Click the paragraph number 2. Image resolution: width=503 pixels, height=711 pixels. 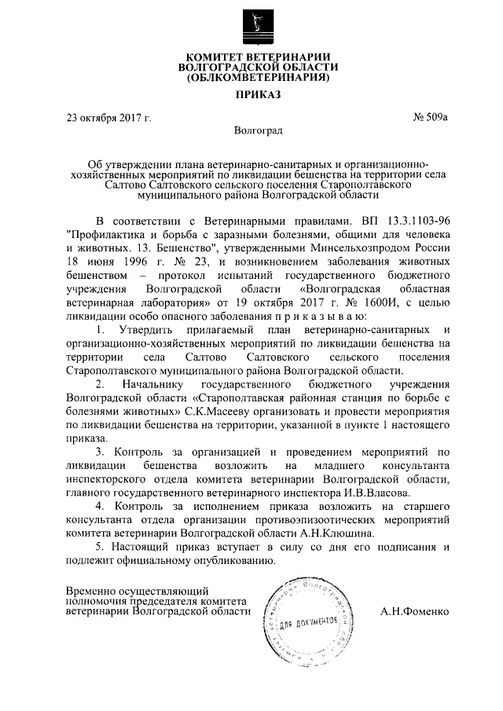coord(99,384)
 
